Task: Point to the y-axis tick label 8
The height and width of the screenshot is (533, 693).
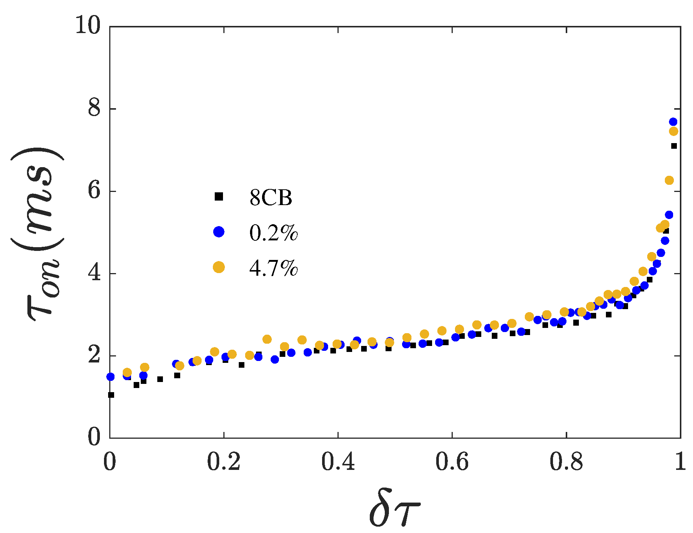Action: (x=95, y=109)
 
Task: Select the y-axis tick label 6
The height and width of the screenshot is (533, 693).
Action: (x=95, y=191)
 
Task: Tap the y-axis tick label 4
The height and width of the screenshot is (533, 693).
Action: (x=95, y=273)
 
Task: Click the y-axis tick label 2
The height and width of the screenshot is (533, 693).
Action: (x=95, y=355)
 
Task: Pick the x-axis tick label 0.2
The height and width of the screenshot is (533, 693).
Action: (x=224, y=463)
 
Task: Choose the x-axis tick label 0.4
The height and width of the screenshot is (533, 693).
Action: (x=338, y=463)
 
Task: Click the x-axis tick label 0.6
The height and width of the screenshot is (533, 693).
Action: (x=452, y=463)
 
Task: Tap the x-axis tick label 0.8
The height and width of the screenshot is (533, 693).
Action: (x=566, y=463)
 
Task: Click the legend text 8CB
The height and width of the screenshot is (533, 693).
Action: (x=271, y=198)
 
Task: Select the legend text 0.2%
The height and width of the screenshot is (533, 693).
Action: (x=274, y=233)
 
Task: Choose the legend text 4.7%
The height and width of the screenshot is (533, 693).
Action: (x=274, y=269)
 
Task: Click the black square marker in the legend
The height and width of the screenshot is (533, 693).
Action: (x=219, y=196)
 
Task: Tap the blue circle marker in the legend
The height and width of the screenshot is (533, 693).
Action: (x=219, y=232)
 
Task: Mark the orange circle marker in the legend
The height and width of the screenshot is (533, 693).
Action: (x=219, y=267)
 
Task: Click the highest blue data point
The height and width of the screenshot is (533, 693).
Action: (x=673, y=122)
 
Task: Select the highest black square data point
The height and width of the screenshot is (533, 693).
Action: (x=674, y=146)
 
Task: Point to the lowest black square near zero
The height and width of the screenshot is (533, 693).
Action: (x=111, y=395)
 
